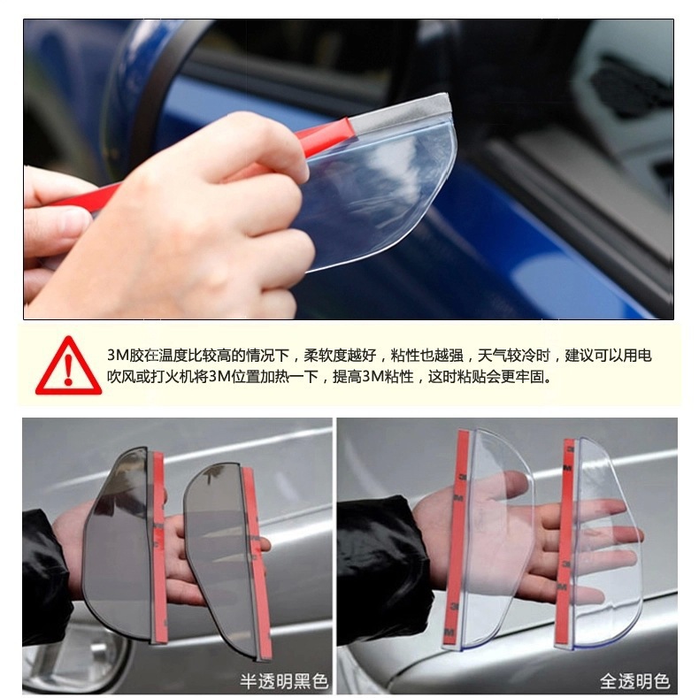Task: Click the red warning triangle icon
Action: (x=68, y=364)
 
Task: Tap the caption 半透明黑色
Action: (x=284, y=680)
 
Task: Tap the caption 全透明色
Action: (x=634, y=680)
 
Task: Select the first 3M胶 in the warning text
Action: (x=127, y=355)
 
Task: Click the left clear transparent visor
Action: (x=495, y=522)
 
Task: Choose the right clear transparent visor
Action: (x=606, y=531)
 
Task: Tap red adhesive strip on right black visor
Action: (x=257, y=566)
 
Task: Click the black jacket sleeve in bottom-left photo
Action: (x=44, y=566)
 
